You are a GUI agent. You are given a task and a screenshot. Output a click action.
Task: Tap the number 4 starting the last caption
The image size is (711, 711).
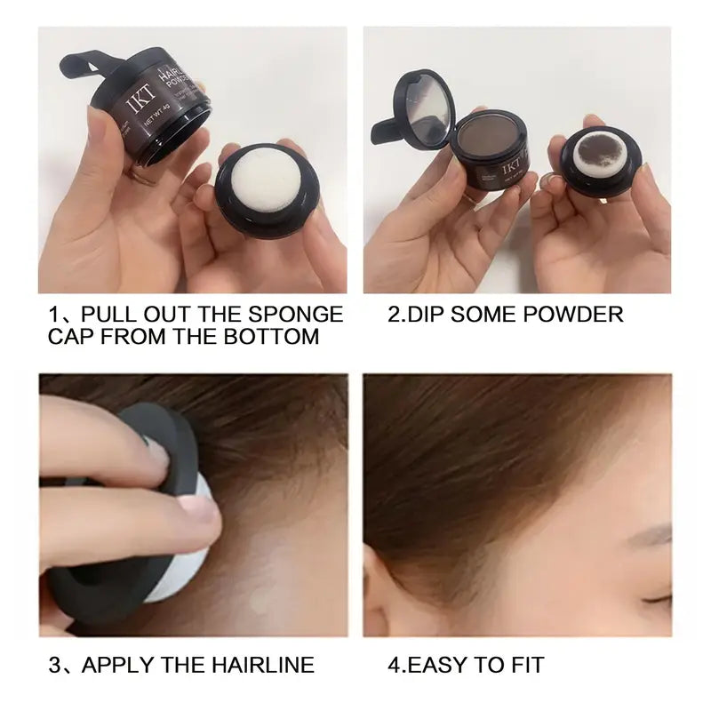pyautogui.click(x=395, y=664)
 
